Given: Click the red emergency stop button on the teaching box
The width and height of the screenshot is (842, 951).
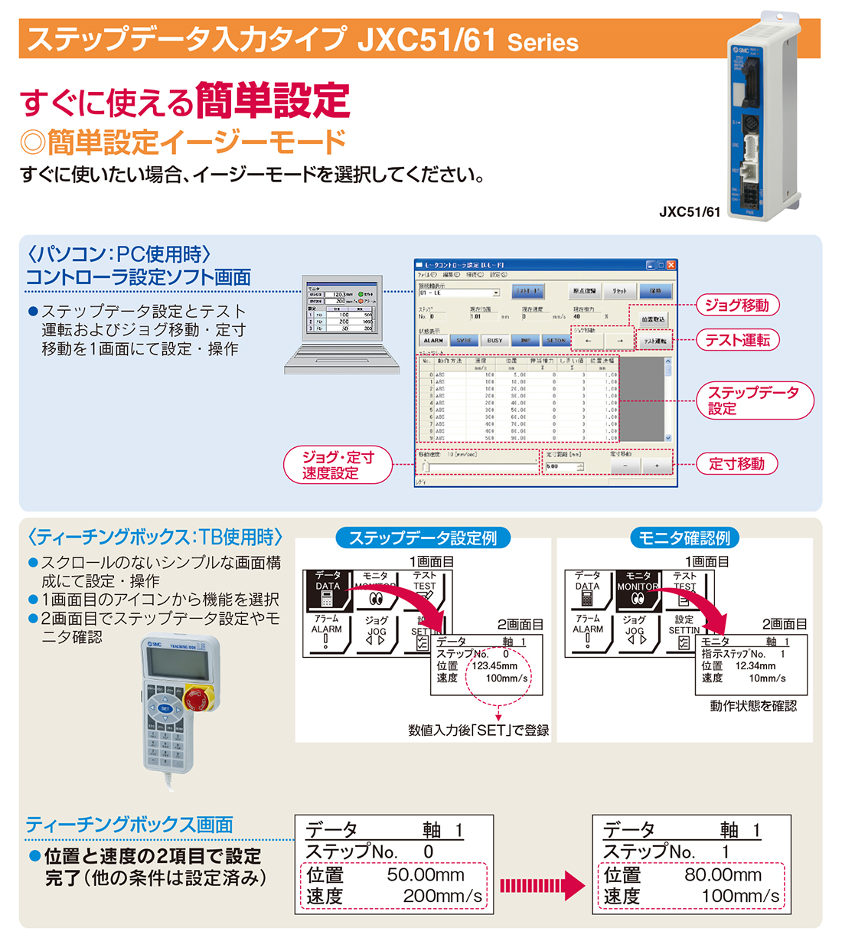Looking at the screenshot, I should pos(194,698).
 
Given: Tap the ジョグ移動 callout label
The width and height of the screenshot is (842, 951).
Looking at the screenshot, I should pos(736,305).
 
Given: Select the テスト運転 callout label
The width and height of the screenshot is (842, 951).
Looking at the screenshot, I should pos(736,340).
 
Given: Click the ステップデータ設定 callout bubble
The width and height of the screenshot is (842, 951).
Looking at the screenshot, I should pos(753,400).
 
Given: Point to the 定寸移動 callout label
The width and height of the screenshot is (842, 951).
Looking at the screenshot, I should pos(736,463).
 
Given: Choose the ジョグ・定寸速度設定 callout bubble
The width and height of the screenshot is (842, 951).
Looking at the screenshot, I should pos(338,465).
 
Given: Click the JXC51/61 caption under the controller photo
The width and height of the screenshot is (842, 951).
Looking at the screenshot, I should pos(689,212).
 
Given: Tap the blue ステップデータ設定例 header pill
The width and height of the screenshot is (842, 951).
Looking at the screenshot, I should pos(423,538).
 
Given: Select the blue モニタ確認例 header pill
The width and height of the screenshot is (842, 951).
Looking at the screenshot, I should pos(684,538).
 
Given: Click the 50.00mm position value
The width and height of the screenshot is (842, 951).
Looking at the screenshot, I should pos(425,874).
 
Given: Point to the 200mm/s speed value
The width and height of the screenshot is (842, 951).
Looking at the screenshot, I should pos(442,896).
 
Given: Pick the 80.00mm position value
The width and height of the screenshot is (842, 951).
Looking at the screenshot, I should pos(723,874).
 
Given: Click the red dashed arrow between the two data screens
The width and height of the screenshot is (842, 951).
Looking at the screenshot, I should pos(542,885).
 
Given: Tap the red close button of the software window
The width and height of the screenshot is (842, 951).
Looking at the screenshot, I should pos(671,265).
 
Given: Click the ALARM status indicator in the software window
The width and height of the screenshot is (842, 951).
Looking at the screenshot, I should pos(433,340).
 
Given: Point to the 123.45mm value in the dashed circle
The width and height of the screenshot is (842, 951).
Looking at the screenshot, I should pos(494,666).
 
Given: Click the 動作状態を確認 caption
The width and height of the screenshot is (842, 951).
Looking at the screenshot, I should pos(753,706).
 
